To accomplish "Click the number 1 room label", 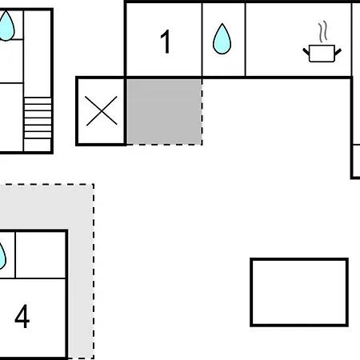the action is click(x=166, y=42).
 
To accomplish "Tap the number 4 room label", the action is click(x=22, y=316).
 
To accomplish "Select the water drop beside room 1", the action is click(x=222, y=39).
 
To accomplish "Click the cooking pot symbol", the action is click(x=322, y=54).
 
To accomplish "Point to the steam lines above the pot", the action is click(x=323, y=32).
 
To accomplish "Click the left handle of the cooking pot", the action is click(x=306, y=52).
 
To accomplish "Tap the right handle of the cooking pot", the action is click(x=338, y=52).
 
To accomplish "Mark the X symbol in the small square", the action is click(x=102, y=110).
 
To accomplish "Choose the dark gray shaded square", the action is click(x=164, y=111).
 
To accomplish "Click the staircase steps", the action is click(x=38, y=118).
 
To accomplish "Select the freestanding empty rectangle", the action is click(x=299, y=292).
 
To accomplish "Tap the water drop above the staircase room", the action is click(x=6, y=26).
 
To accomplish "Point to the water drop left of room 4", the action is click(x=2, y=256).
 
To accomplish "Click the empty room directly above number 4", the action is click(x=41, y=255).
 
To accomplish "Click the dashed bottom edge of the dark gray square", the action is click(x=164, y=145).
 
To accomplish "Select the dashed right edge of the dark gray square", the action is click(x=202, y=111).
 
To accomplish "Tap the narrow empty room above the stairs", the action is click(x=38, y=54).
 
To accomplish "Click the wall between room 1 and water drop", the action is click(x=202, y=39).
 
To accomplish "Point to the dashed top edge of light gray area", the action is click(x=47, y=184).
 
